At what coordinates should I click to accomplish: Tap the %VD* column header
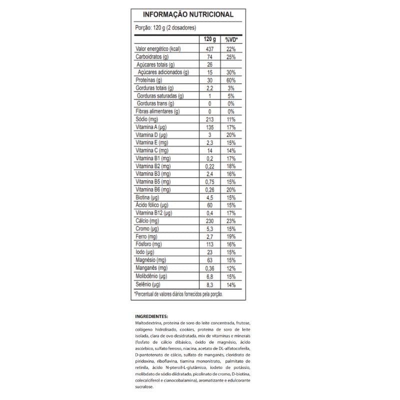click(230, 39)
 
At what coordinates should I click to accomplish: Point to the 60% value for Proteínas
click(230, 80)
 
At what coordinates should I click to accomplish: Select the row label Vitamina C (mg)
click(152, 150)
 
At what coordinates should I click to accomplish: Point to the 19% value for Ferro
click(230, 236)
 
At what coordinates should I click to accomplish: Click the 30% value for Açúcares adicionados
click(230, 72)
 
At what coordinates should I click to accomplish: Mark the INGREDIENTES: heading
click(151, 316)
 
